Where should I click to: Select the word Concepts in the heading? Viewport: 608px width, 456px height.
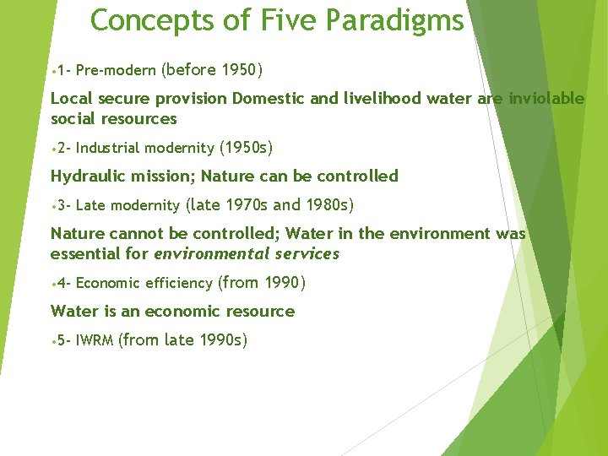152,20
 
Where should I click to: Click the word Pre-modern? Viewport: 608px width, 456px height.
115,70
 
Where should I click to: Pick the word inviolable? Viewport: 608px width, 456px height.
546,99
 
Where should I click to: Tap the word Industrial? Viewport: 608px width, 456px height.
108,149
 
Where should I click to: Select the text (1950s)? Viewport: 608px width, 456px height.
246,148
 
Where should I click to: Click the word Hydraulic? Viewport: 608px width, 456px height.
86,176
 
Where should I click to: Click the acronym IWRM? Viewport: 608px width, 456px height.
95,341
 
